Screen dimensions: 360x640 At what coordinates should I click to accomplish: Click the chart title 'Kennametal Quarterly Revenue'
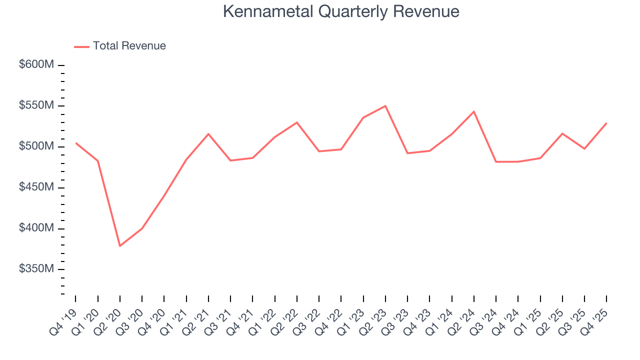pos(341,11)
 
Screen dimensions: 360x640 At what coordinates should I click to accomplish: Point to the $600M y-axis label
pos(36,65)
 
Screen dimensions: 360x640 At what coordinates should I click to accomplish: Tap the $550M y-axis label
pos(36,106)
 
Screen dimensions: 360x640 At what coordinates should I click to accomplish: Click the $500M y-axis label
pos(36,147)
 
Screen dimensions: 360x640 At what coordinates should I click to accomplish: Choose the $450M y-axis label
pos(36,187)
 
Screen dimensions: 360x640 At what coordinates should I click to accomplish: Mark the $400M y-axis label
pos(36,228)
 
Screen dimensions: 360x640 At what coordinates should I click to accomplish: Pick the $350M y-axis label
pos(36,269)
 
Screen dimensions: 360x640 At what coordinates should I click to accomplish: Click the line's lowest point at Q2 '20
pos(120,246)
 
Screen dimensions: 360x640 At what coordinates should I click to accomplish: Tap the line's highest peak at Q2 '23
pos(385,106)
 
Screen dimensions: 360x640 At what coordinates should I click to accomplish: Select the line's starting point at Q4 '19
pos(76,143)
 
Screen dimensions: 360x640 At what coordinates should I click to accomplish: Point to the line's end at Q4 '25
pos(606,123)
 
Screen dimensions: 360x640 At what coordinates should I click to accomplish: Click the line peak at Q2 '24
pos(473,111)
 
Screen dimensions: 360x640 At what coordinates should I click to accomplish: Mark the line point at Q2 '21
pos(208,134)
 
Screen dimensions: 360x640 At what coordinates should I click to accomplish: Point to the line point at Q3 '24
pos(496,161)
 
